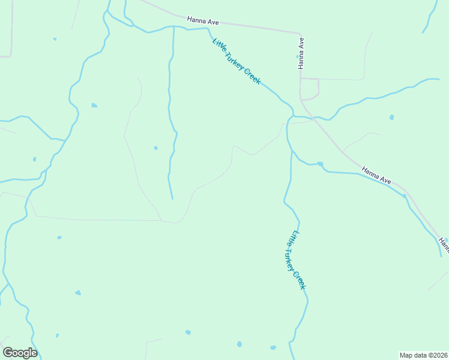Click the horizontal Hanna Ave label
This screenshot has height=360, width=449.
coord(203,21)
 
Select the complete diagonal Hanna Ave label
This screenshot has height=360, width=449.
coord(376,175)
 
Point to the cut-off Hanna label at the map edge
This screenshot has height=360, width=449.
coord(443,245)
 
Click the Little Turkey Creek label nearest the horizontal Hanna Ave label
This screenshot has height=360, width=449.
coord(237,61)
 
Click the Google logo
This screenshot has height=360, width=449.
coord(20,353)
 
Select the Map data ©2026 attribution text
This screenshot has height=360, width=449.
coord(423,355)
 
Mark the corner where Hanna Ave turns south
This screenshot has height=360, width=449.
coord(300,33)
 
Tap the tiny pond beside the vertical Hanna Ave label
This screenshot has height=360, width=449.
coord(297,56)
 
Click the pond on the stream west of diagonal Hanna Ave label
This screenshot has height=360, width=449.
coord(321,164)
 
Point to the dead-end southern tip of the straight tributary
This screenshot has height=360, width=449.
coord(172,199)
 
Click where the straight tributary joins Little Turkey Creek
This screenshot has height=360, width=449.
coord(173,27)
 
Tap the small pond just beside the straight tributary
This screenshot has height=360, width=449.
coord(155,148)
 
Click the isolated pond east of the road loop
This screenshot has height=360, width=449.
coord(391,117)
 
